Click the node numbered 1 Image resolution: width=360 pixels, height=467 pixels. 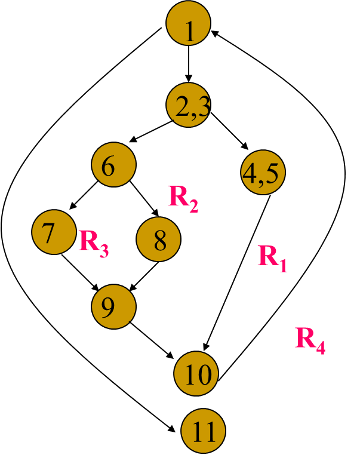pos(188,23)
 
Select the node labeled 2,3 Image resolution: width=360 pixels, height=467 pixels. pos(188,105)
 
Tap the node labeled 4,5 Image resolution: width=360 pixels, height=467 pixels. pos(263,172)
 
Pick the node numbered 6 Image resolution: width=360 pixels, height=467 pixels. pos(113,164)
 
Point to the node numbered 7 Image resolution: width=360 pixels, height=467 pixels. pos(54,232)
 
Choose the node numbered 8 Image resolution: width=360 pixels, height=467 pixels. pos(158,239)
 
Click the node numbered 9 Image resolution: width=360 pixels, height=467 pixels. pos(113,306)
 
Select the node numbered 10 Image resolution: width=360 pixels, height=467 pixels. pos(196,373)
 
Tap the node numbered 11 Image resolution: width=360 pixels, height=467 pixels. pos(203,431)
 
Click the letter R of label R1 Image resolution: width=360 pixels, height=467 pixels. pos(268,256)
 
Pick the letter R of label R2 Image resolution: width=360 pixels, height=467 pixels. pos(179,196)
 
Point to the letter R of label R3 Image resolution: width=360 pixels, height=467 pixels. pos(89,241)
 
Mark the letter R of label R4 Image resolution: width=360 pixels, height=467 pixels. pos(305,338)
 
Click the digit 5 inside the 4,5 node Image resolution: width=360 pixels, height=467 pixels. pos(272,173)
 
